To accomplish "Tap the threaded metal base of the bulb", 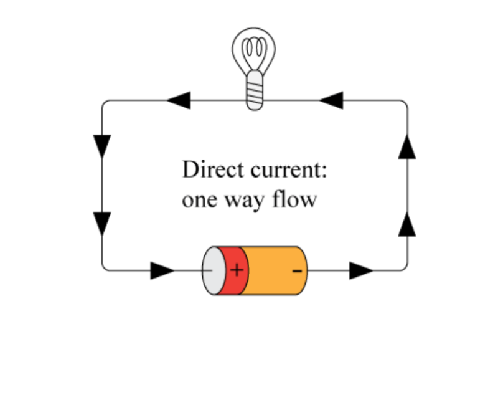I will click(x=255, y=91).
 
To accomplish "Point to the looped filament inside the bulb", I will click(x=255, y=49).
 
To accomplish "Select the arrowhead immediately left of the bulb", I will click(x=179, y=100).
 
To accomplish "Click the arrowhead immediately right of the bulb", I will click(x=331, y=100).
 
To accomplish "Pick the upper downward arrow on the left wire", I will click(x=101, y=146).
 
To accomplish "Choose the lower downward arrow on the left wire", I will click(x=101, y=224).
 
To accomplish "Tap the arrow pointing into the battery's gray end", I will click(x=162, y=270).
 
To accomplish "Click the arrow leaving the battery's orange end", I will click(x=361, y=270).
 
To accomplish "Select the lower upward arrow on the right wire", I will click(x=407, y=223).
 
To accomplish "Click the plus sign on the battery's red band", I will click(x=237, y=270).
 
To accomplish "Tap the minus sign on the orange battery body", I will click(x=298, y=270).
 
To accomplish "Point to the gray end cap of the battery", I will click(x=212, y=270).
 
